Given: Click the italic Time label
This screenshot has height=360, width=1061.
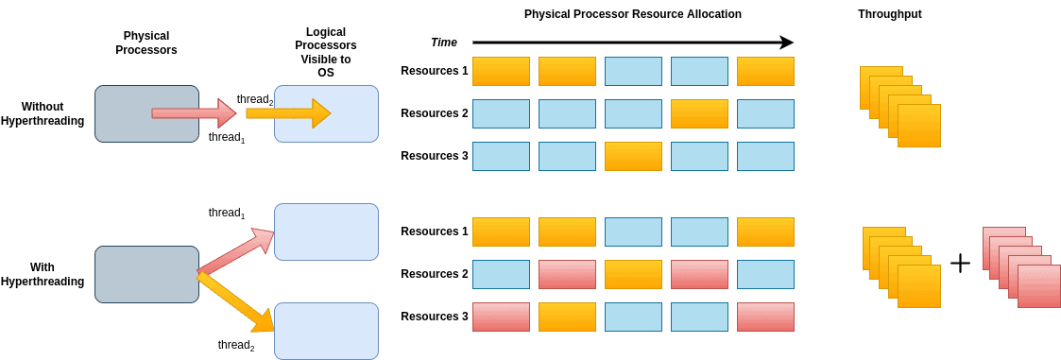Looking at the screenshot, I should [444, 43].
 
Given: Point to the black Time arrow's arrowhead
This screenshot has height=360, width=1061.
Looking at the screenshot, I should [786, 43].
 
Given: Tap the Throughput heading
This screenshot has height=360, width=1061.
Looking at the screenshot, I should [889, 14].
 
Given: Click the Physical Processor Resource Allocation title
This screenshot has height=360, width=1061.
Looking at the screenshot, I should [632, 14].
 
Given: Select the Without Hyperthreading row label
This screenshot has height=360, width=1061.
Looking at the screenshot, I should [43, 113].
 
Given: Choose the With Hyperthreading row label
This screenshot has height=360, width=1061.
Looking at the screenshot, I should [43, 274].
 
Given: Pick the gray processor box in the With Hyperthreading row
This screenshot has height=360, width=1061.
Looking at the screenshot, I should [146, 274].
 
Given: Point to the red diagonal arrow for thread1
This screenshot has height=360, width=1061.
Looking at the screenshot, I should [236, 252].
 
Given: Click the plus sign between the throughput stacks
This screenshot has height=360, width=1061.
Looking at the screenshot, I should [960, 263].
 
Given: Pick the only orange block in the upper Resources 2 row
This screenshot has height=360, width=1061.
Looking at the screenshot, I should [699, 113].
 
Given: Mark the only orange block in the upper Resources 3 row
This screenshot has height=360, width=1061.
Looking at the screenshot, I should [633, 156].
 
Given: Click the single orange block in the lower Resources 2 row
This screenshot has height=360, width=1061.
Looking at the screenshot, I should [633, 274].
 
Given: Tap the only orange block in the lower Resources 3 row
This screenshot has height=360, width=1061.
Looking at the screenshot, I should [567, 317].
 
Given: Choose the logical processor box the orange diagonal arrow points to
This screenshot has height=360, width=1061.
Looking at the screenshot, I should [326, 331].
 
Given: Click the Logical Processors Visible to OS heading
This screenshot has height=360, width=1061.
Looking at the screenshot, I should [326, 52].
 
